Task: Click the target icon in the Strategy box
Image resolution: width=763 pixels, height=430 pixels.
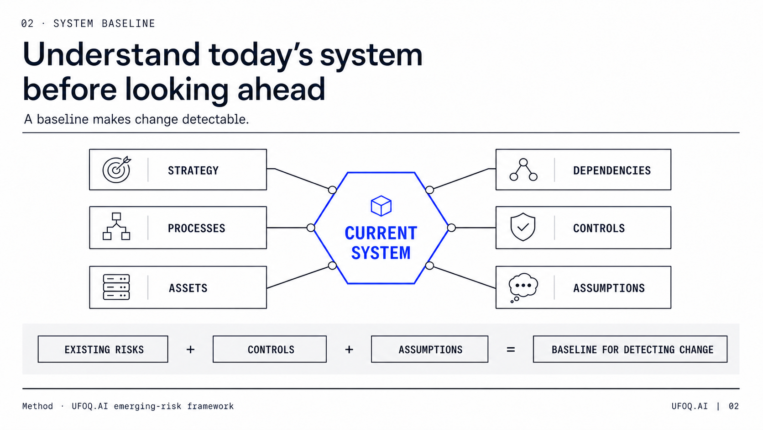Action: point(116,170)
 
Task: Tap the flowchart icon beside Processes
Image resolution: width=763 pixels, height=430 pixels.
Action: point(116,226)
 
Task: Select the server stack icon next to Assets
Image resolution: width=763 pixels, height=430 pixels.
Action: point(116,287)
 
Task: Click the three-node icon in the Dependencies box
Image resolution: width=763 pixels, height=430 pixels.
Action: point(523,170)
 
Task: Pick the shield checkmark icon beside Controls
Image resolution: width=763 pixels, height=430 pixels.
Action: point(523,227)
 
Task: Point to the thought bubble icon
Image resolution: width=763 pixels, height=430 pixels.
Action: point(523,287)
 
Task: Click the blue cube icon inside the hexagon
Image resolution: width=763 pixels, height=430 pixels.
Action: point(381,206)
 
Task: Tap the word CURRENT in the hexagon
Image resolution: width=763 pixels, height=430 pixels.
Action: point(381,233)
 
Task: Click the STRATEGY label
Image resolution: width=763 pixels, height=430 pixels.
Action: point(193,170)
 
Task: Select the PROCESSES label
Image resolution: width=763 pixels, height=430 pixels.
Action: point(197,228)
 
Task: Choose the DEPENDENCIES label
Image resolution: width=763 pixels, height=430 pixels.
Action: point(612,170)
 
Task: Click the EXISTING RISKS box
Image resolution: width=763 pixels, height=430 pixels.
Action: point(103,349)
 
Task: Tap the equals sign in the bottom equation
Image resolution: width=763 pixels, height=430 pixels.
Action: point(511,350)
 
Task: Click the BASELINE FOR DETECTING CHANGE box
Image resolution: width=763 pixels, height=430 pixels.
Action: point(630,349)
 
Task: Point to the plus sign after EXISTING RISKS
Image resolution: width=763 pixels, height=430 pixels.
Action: point(190,350)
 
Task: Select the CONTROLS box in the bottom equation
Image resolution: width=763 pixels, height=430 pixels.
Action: point(269,349)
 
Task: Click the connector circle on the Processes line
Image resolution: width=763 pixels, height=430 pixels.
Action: point(311,228)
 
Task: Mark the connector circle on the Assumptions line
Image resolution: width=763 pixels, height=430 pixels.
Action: point(429,265)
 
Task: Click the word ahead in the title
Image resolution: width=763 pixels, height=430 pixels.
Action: point(282,89)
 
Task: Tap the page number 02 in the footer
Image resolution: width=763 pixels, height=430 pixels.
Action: point(734,406)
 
